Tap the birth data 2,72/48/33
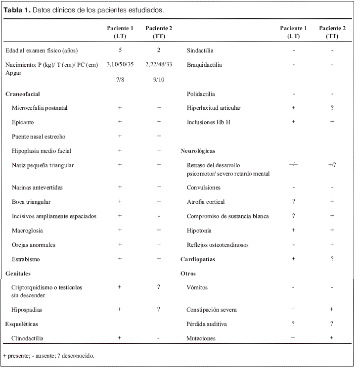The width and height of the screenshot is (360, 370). click(159, 65)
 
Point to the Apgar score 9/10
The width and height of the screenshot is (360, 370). click(159, 79)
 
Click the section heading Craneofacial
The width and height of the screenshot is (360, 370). click(23, 93)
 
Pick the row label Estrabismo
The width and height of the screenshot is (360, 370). click(26, 259)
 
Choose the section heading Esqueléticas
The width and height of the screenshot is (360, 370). click(22, 324)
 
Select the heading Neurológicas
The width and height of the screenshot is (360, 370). click(198, 151)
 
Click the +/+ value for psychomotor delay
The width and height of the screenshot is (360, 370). click(293, 165)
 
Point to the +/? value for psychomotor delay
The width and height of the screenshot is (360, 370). click(332, 165)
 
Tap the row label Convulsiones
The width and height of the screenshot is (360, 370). click(204, 188)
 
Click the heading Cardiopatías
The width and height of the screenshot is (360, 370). click(198, 259)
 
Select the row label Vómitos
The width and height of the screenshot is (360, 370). click(197, 287)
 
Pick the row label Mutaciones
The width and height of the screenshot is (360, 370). click(201, 338)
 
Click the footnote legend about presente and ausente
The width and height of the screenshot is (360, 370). click(48, 356)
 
